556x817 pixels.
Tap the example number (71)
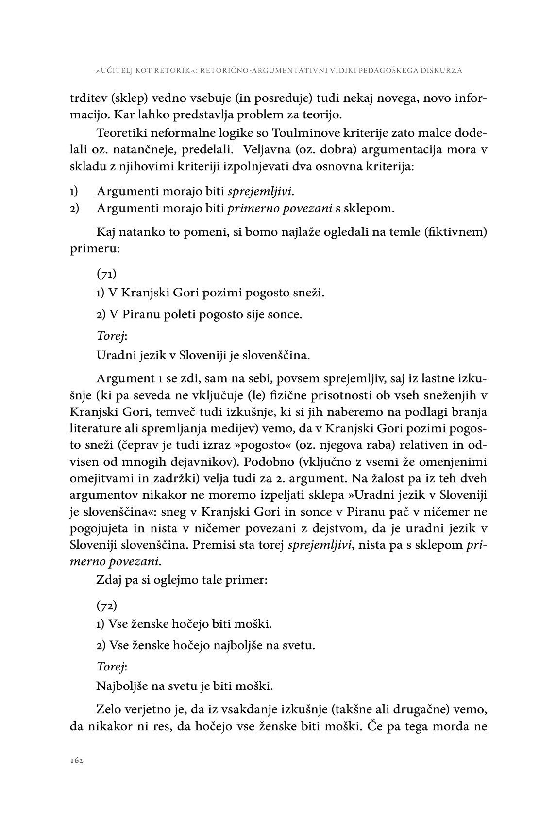106,274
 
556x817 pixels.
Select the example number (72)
107,606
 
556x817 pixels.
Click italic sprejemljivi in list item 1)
260,191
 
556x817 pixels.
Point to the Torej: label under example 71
112,335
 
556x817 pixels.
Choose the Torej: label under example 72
112,667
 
